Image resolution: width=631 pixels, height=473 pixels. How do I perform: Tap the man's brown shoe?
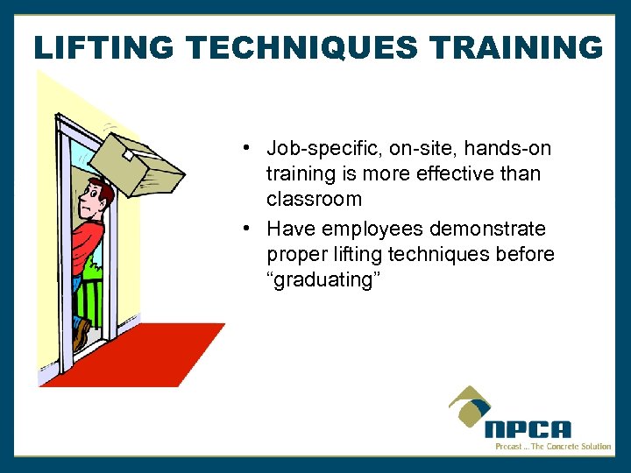click(x=82, y=334)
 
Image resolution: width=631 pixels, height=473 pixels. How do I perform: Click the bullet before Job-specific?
click(x=250, y=147)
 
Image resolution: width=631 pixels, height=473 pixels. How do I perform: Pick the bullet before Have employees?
click(x=250, y=229)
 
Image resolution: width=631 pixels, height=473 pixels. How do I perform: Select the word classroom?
click(x=314, y=199)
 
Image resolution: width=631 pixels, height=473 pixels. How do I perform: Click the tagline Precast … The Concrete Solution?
click(x=552, y=447)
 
